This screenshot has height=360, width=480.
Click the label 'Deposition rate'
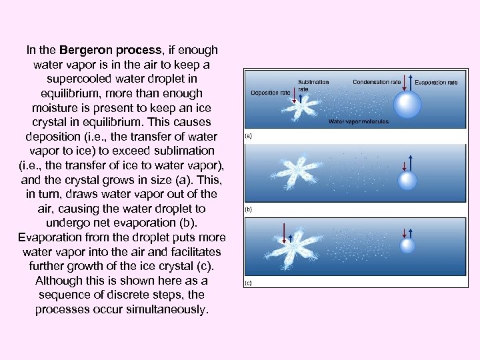pyautogui.click(x=270, y=93)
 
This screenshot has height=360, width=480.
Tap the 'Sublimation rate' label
pyautogui.click(x=313, y=85)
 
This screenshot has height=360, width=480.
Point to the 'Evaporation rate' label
pyautogui.click(x=436, y=83)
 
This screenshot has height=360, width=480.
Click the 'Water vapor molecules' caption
pyautogui.click(x=359, y=122)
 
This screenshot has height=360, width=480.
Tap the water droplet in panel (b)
pyautogui.click(x=407, y=180)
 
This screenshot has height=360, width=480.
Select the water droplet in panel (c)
pyautogui.click(x=407, y=245)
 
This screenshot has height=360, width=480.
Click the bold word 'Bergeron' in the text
pyautogui.click(x=85, y=50)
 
